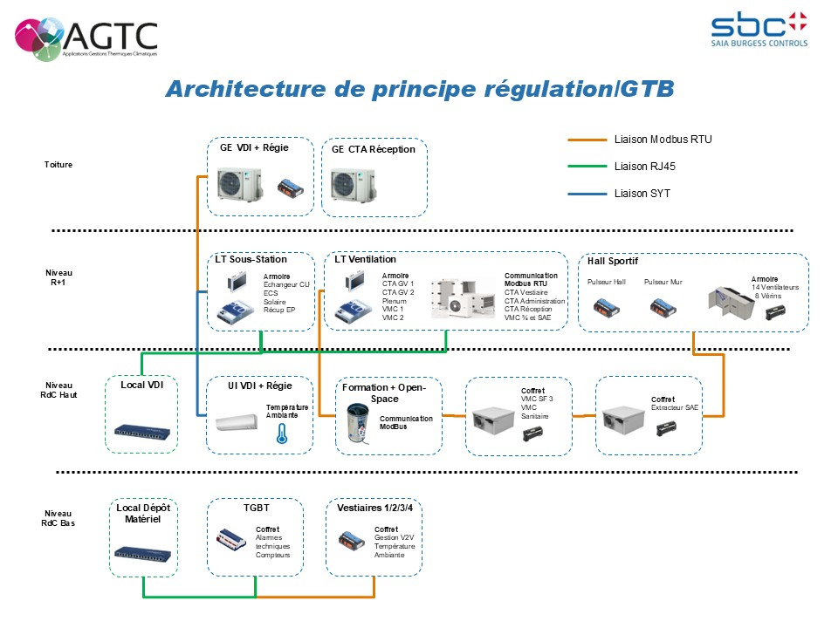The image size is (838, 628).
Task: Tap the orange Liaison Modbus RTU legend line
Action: (587, 140)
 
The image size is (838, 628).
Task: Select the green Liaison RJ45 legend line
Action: (587, 167)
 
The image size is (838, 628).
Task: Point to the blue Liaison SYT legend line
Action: (587, 194)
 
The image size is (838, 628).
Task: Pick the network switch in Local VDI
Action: (142, 431)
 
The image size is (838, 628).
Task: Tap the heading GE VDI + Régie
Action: (254, 147)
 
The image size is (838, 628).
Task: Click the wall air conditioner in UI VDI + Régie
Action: (238, 423)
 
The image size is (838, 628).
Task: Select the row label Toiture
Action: (58, 164)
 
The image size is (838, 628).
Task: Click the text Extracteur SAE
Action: (675, 407)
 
